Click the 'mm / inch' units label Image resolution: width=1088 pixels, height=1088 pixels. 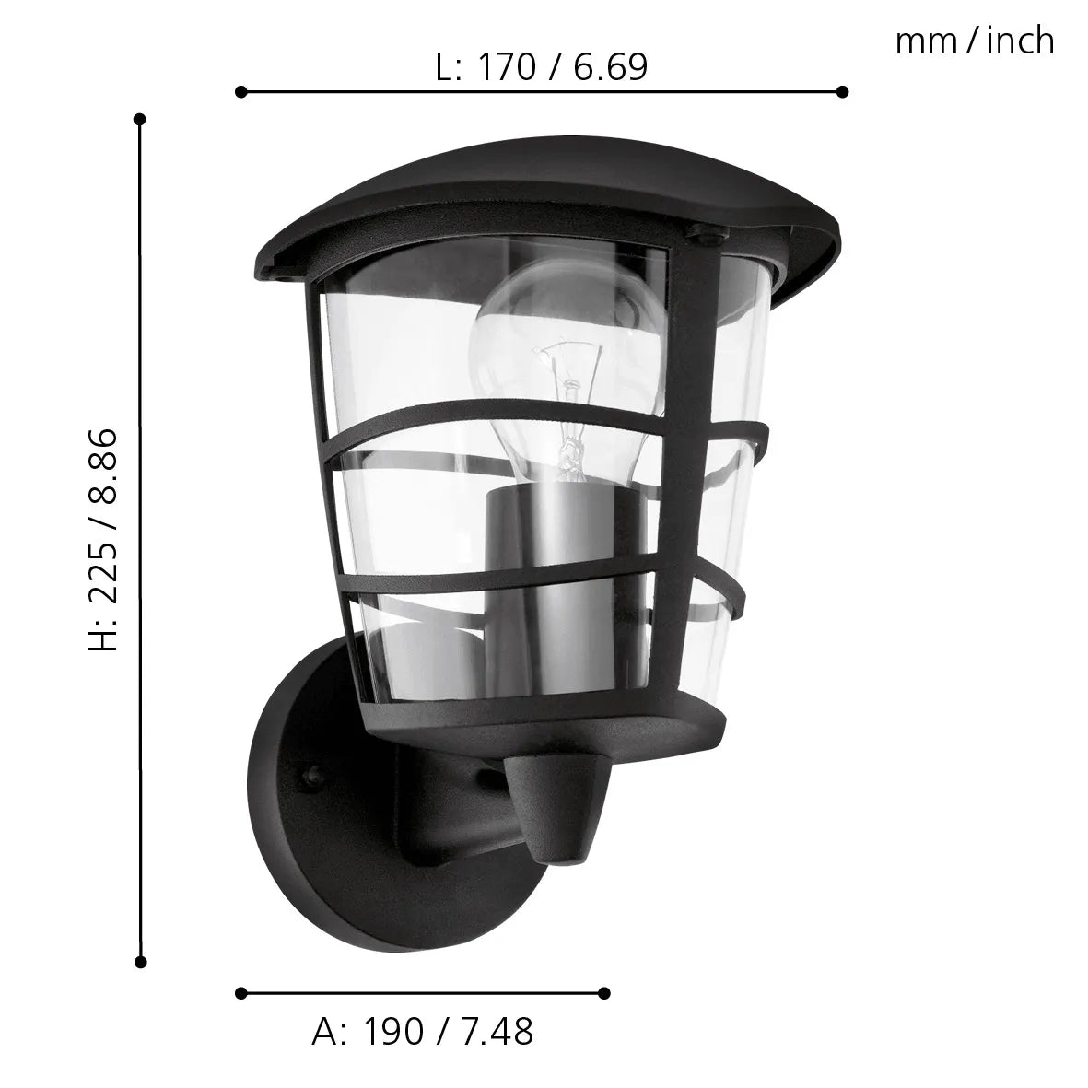coord(974,42)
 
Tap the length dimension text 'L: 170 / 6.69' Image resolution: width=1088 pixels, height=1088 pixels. coord(542,67)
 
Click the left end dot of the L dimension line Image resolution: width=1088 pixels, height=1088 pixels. coord(241,91)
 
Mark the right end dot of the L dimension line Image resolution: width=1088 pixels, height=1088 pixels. coord(841,91)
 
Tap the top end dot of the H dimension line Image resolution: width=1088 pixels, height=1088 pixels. coord(140,119)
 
